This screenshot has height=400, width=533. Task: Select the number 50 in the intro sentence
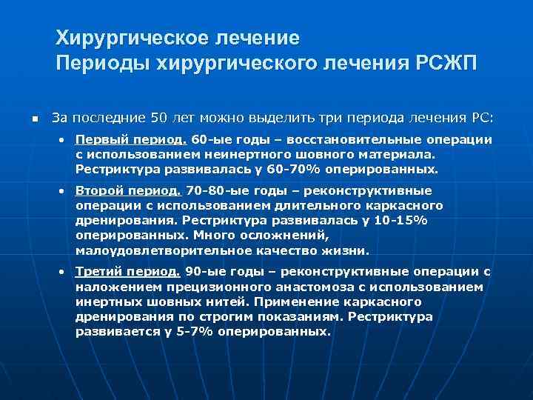(159, 118)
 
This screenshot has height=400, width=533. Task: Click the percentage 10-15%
(403, 220)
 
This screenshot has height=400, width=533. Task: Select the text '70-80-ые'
(215, 190)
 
